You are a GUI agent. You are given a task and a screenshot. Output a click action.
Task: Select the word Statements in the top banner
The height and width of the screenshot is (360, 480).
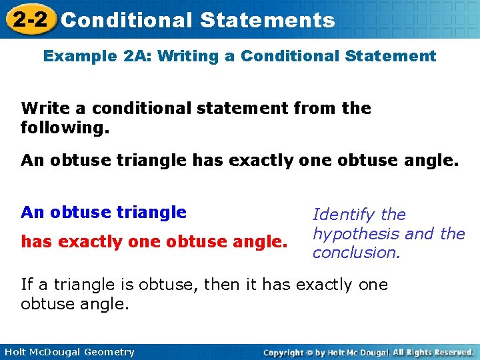coord(267,20)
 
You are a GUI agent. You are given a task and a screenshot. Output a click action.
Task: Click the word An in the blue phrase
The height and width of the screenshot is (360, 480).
coord(31,213)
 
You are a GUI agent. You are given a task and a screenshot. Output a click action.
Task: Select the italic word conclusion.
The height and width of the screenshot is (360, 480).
coord(355,253)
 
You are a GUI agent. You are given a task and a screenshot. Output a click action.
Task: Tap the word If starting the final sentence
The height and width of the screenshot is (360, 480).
coord(27,285)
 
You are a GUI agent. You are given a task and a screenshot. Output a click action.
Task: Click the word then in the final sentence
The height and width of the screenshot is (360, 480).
coord(221,285)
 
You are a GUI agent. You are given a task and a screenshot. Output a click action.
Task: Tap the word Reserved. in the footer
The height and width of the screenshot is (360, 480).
coord(451,352)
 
